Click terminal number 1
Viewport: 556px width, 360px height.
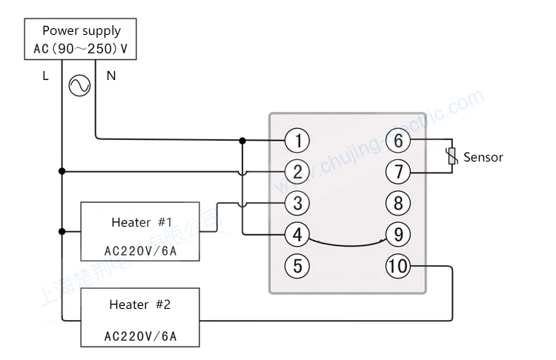point(297,140)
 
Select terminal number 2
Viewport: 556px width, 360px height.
point(297,172)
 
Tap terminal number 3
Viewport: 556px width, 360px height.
point(297,203)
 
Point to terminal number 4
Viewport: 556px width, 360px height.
point(297,235)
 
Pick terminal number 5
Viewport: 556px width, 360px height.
point(297,266)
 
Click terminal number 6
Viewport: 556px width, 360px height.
point(398,140)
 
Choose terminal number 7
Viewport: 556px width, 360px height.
point(398,172)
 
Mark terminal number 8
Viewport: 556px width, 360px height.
point(398,203)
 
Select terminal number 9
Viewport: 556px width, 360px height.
point(398,235)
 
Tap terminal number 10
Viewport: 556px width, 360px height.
point(398,266)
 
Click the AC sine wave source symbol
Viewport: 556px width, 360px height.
point(79,87)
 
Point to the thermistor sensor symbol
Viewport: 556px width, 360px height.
point(450,156)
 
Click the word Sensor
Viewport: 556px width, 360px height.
point(483,157)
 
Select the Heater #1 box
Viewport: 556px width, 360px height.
point(140,231)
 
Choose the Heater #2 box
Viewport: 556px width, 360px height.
point(140,317)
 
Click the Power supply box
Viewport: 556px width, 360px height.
point(81,40)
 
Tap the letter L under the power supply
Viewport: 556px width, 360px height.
point(45,76)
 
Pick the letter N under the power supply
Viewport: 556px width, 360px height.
point(111,76)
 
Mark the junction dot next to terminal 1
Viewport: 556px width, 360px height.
point(242,140)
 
